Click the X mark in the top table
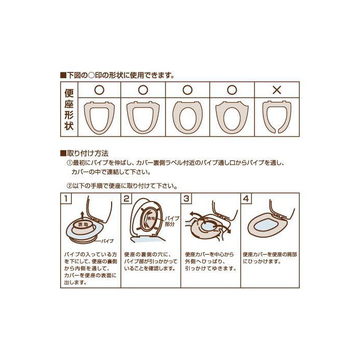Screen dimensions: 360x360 pyautogui.click(x=277, y=90)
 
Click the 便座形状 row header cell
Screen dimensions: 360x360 pyautogui.click(x=69, y=109)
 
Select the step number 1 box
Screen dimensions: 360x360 pyautogui.click(x=66, y=199)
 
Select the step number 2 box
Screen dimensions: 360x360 pyautogui.click(x=127, y=199)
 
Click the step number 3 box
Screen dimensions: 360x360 pyautogui.click(x=186, y=199)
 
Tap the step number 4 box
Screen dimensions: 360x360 pyautogui.click(x=246, y=199)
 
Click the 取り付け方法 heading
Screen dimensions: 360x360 pyautogui.click(x=84, y=153)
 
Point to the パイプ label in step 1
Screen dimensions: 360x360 pyautogui.click(x=107, y=241)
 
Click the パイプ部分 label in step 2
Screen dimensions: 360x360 pyautogui.click(x=172, y=221)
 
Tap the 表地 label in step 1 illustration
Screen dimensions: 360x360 pyautogui.click(x=83, y=225)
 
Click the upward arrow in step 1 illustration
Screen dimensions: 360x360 pyautogui.click(x=82, y=216)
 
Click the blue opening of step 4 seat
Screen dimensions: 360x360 pyautogui.click(x=267, y=226)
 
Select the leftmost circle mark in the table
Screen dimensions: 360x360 pyautogui.click(x=99, y=90)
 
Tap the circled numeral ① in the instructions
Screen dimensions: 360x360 pyautogui.click(x=69, y=163)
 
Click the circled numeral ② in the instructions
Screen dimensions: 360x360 pyautogui.click(x=69, y=186)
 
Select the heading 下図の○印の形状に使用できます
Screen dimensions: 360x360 pyautogui.click(x=117, y=75)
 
